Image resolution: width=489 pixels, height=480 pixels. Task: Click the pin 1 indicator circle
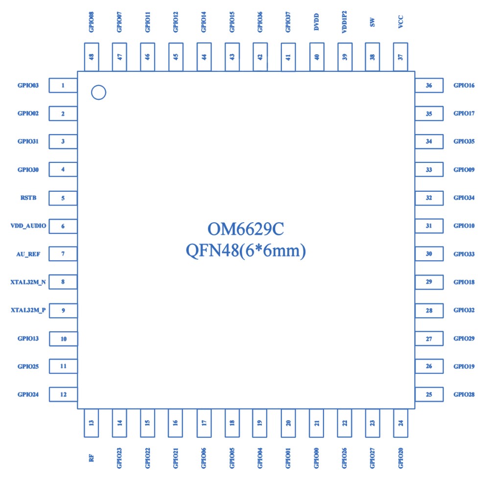tap(99, 92)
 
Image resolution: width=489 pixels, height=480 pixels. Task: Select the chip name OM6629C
tap(246, 229)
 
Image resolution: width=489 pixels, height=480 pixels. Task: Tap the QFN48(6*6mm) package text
tap(246, 251)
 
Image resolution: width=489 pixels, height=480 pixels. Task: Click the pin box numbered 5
tap(64, 198)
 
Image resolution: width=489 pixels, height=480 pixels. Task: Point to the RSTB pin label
tap(28, 198)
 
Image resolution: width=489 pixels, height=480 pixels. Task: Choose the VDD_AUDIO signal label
tap(28, 226)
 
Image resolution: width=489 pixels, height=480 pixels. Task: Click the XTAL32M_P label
tap(28, 310)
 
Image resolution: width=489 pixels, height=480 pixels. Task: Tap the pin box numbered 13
tap(92, 423)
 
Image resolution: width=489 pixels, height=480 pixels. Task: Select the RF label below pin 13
tap(92, 458)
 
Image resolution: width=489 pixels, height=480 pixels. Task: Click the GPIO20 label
tap(401, 458)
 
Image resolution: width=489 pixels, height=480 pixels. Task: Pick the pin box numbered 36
tap(429, 86)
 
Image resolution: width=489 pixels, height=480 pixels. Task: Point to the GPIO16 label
tap(464, 86)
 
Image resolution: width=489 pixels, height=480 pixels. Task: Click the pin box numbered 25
tap(429, 394)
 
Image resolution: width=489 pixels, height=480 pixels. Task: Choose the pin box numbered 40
tap(317, 57)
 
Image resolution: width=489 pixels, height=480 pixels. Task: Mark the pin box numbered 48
tap(92, 57)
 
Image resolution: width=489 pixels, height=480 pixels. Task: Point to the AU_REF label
tap(28, 254)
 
